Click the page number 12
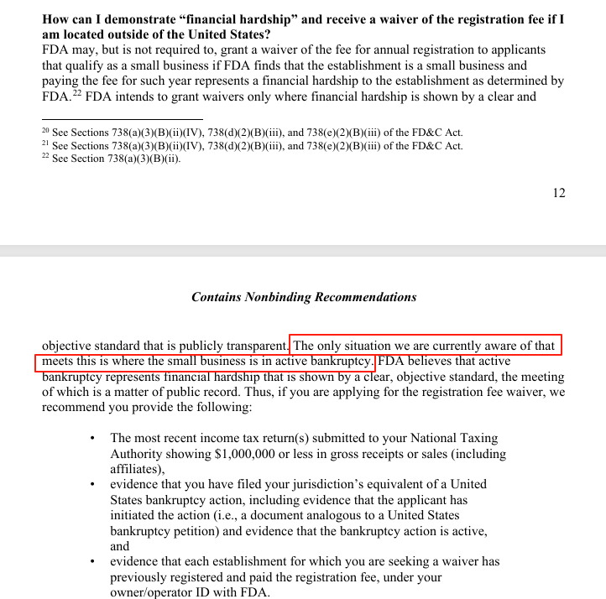tap(559, 193)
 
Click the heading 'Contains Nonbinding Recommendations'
tap(304, 297)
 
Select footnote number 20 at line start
tap(45, 131)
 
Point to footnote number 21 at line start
tap(45, 144)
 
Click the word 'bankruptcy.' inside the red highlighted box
tap(341, 362)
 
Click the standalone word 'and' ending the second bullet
tap(120, 546)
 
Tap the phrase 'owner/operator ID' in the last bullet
tap(161, 592)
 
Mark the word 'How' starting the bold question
tap(57, 19)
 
